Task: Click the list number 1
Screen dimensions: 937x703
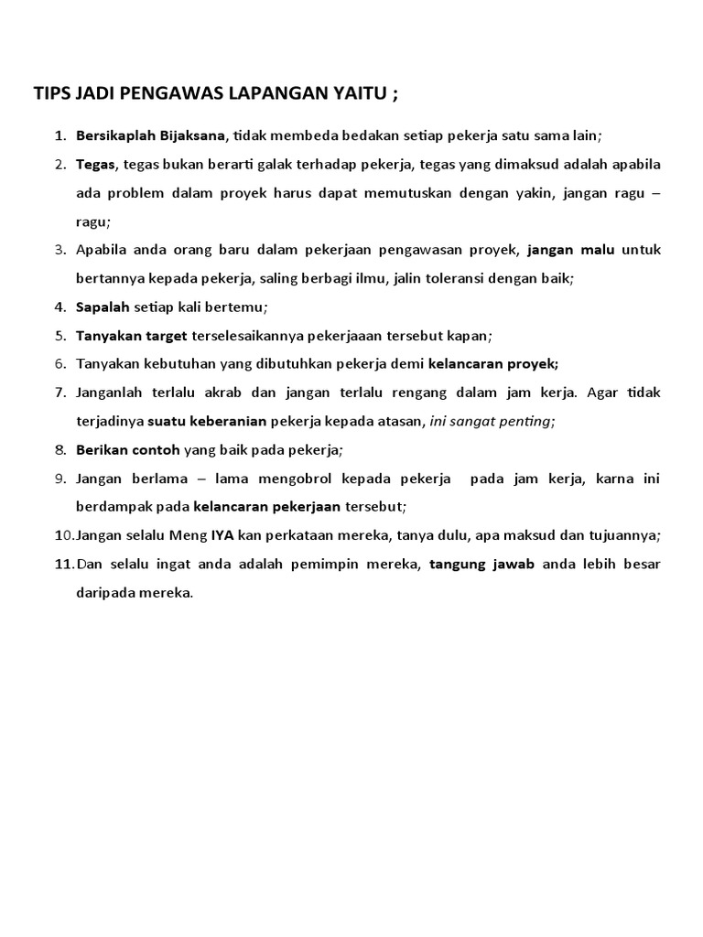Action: coord(59,136)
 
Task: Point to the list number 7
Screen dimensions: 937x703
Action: coord(59,393)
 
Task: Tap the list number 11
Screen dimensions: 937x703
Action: coord(61,564)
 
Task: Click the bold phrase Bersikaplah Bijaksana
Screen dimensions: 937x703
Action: coord(150,136)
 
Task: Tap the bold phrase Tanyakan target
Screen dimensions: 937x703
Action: coord(132,335)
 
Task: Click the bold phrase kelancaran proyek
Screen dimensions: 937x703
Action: coord(493,363)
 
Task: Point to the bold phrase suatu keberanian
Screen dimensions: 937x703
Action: coord(207,421)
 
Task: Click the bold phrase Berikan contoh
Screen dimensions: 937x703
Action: coord(128,449)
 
